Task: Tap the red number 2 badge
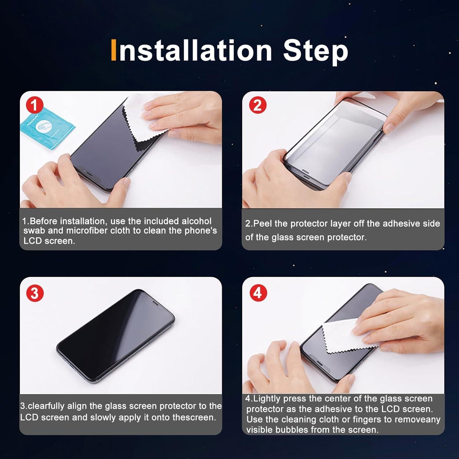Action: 257,105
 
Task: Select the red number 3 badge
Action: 34,293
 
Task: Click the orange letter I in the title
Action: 114,50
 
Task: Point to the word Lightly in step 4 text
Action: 267,399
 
